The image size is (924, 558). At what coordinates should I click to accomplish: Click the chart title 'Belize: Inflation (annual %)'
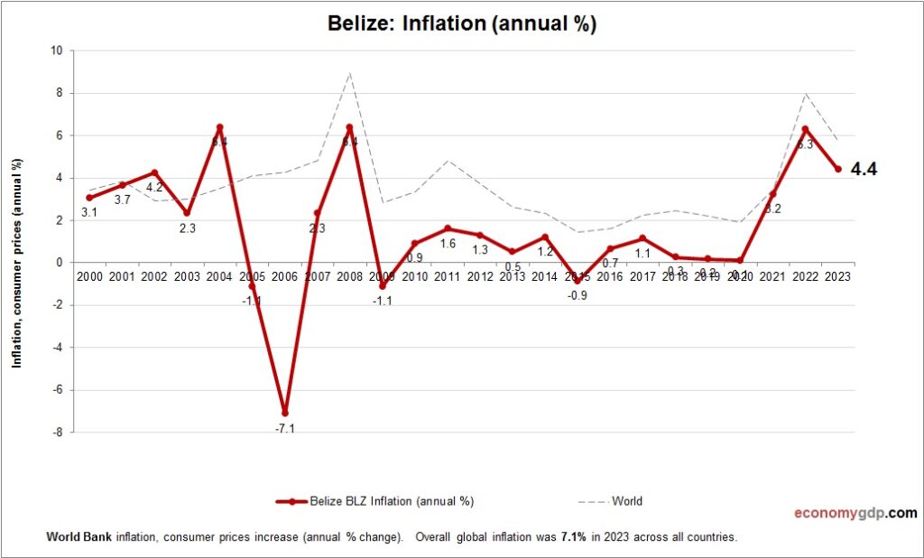click(x=461, y=24)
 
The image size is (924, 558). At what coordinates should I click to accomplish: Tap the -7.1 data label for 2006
click(x=285, y=427)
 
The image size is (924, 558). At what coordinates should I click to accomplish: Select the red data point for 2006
click(x=285, y=413)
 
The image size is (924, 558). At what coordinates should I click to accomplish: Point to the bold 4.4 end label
click(x=864, y=169)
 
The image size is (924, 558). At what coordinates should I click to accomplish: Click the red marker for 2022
click(x=805, y=129)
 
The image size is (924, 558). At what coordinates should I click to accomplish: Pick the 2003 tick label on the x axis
click(x=188, y=275)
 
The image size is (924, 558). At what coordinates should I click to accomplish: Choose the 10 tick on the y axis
click(x=55, y=51)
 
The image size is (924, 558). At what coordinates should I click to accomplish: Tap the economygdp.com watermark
click(x=855, y=513)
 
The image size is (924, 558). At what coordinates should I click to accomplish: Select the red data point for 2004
click(x=220, y=127)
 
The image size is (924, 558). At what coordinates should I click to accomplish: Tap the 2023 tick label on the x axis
click(x=837, y=275)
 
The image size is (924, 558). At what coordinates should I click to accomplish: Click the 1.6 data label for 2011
click(x=448, y=244)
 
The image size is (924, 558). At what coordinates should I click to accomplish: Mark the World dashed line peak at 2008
click(x=350, y=73)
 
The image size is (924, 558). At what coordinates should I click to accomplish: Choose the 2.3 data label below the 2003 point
click(x=188, y=228)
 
